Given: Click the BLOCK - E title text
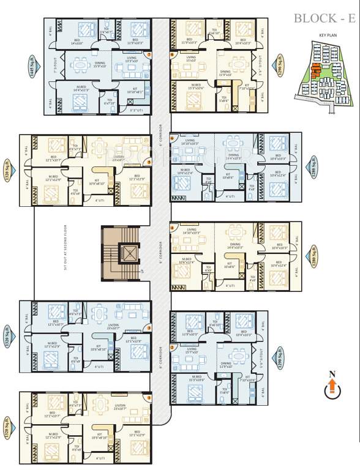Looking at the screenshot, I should (x=324, y=18).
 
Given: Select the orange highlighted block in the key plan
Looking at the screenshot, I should (x=315, y=70).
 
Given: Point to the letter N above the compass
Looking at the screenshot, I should (x=332, y=374).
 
